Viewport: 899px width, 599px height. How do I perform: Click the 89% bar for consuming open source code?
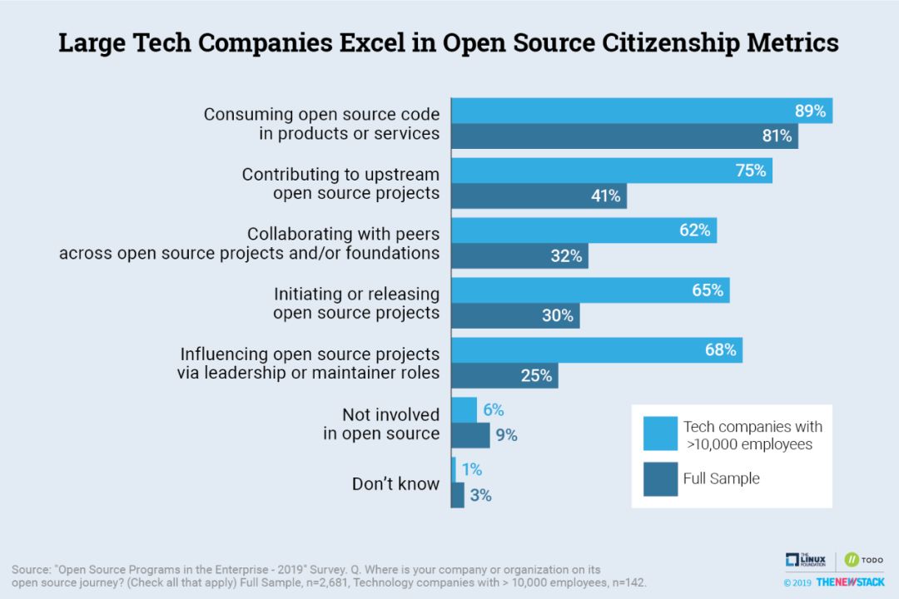tap(641, 111)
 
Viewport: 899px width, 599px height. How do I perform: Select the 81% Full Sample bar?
tap(624, 136)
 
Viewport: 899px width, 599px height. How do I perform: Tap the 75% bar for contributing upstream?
tap(611, 171)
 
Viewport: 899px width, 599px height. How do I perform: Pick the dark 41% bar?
tap(539, 196)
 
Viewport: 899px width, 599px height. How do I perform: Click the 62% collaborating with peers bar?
tap(584, 230)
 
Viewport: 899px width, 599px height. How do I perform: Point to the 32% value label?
tap(566, 256)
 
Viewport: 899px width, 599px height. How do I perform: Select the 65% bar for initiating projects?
tap(590, 290)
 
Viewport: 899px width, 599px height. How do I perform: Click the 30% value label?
tap(558, 316)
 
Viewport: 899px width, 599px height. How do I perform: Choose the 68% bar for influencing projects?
tap(596, 350)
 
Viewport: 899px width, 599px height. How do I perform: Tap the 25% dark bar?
tap(504, 375)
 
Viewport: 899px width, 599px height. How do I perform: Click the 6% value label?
tap(493, 410)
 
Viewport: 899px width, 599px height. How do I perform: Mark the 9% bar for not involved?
tap(470, 435)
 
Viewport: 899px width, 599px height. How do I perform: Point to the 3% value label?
tap(480, 496)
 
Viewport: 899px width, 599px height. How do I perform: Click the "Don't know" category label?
tap(395, 483)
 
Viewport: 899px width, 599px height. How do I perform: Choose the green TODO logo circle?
tap(852, 561)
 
